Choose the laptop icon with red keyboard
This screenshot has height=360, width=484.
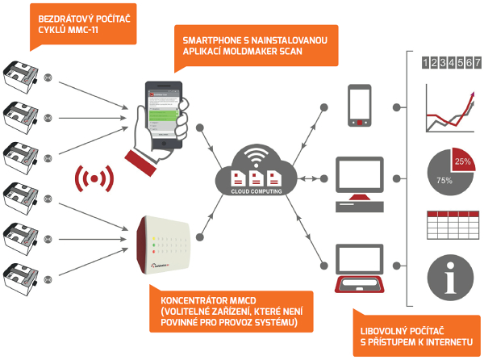359,271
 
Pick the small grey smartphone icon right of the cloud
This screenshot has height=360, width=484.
359,107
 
